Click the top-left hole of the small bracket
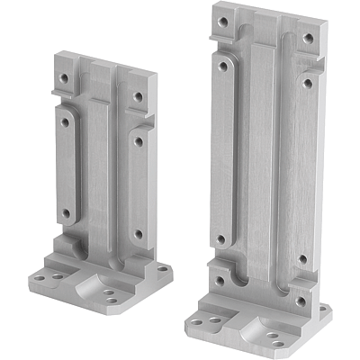tap(64, 77)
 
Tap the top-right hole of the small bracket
tap(139, 96)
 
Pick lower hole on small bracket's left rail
tap(65, 213)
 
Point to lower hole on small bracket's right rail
tap(138, 233)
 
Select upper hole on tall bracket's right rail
tap(308, 83)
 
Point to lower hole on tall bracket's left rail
tap(220, 239)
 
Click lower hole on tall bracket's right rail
tap(303, 259)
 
